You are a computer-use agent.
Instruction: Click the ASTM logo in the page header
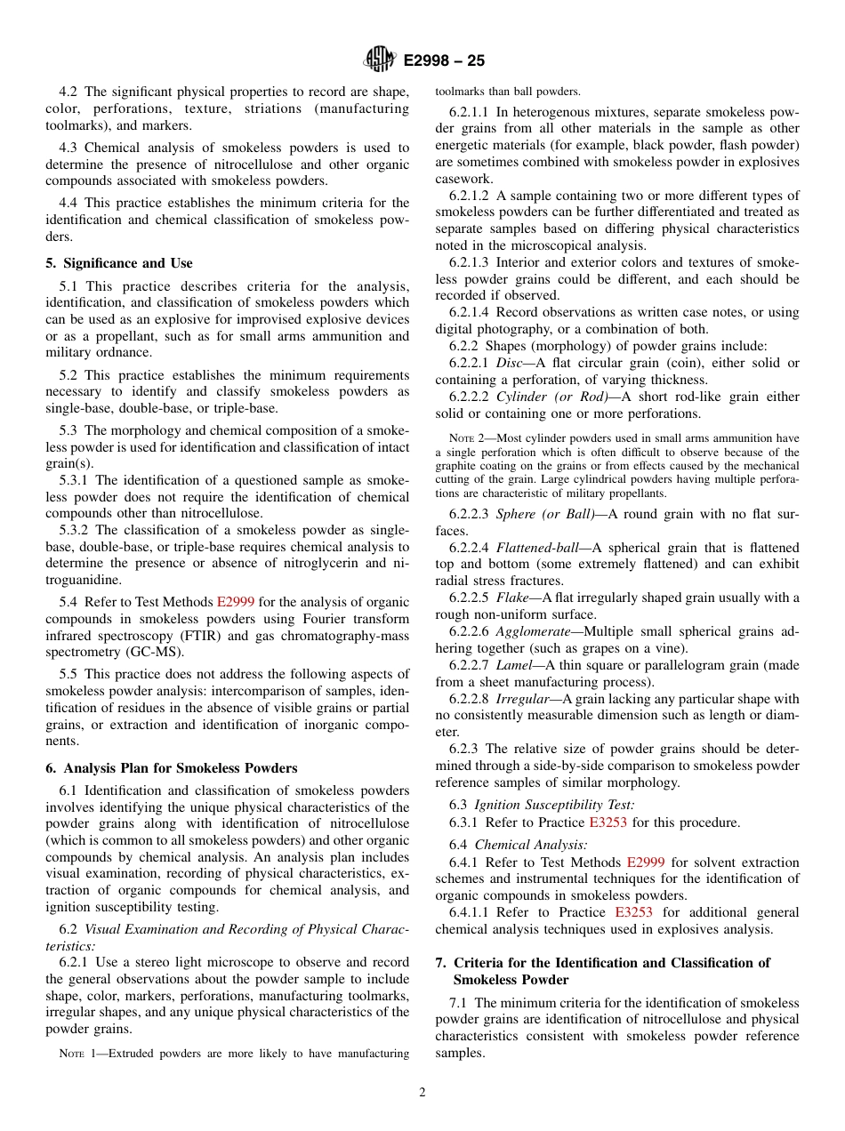381,60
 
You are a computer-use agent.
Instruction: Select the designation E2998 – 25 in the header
444,61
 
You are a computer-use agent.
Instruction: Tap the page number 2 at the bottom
422,1093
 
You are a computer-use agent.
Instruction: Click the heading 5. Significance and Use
119,263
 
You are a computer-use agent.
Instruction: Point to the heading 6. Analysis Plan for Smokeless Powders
172,768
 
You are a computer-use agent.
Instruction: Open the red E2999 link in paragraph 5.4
236,602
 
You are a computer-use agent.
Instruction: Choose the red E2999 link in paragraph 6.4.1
645,862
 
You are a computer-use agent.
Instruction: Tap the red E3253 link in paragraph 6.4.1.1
633,912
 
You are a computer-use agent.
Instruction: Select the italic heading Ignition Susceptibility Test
554,805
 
